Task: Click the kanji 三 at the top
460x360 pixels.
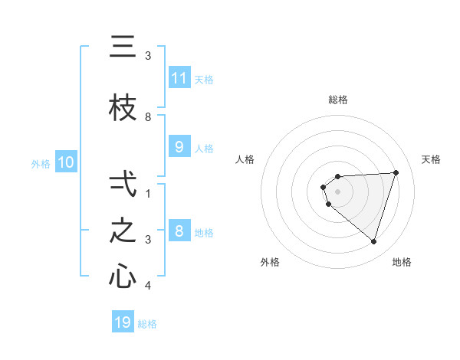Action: point(123,47)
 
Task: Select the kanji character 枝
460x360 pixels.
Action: point(123,110)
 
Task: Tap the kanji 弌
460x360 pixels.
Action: point(123,184)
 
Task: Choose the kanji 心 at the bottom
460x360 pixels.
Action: point(123,276)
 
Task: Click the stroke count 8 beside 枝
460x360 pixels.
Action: point(148,117)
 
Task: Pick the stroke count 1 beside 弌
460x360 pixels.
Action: point(148,194)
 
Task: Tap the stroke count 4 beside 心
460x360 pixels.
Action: point(148,286)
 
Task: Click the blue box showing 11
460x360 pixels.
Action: point(179,77)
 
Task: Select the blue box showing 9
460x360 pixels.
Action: point(179,147)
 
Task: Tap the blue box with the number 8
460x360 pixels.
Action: point(179,231)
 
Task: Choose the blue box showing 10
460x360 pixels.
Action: point(66,162)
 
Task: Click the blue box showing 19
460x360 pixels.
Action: point(123,322)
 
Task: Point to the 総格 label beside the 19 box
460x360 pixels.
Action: point(147,324)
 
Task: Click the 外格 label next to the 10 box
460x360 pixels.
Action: point(41,163)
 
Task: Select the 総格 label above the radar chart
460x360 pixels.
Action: point(338,100)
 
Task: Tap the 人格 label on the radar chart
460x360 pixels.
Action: point(245,159)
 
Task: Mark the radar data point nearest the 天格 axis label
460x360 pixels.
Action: point(396,172)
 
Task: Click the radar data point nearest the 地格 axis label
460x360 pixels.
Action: point(373,241)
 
